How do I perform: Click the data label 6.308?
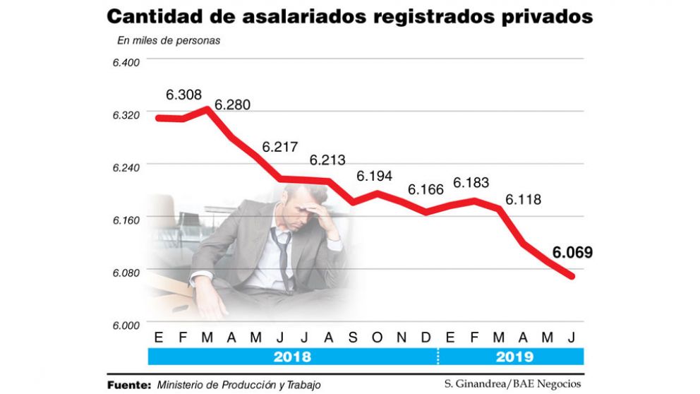tap(183, 94)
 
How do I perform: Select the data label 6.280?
tap(232, 105)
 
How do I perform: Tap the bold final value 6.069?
tap(572, 252)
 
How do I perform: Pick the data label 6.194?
tap(374, 176)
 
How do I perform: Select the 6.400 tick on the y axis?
tap(127, 62)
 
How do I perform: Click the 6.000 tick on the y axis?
tap(127, 324)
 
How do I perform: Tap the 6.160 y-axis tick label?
tap(127, 220)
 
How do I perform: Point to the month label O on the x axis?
tap(376, 338)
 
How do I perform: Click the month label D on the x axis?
tap(426, 338)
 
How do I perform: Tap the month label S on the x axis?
tap(352, 338)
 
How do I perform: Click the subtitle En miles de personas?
tap(169, 40)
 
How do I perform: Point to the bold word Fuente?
tap(128, 385)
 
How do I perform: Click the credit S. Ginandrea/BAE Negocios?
tap(513, 384)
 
